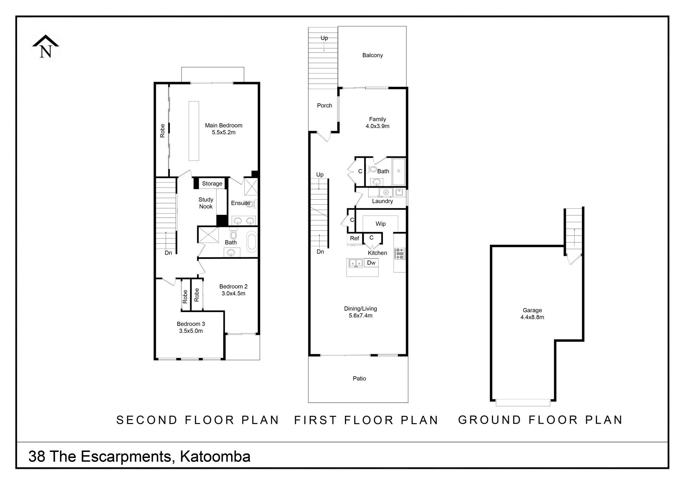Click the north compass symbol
46,47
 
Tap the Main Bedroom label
224,126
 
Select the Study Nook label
206,203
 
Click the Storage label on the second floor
212,184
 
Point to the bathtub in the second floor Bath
252,241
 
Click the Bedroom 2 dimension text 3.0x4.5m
234,294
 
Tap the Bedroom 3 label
191,324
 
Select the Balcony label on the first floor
372,55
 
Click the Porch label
325,106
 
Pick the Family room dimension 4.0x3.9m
377,126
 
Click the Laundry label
382,201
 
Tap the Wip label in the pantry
381,224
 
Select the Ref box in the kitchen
355,239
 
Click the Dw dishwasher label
371,263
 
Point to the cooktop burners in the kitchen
400,254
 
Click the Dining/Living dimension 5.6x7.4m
361,316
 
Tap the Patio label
359,378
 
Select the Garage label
532,310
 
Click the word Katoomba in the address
215,457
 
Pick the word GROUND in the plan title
490,420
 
